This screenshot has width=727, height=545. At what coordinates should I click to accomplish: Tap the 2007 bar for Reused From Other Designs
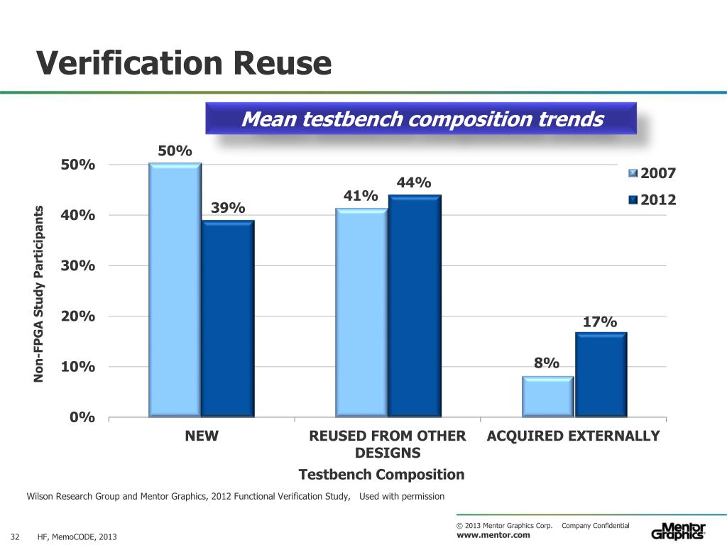pos(361,312)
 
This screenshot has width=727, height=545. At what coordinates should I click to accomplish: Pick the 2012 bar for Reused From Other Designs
pos(415,305)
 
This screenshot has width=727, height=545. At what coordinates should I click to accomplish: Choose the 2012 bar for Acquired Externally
pos(601,374)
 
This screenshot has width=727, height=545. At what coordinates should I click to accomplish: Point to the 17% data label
pos(599,322)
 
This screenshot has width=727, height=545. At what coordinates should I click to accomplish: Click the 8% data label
pos(547,363)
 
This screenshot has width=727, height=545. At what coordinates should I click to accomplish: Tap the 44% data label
pos(414,183)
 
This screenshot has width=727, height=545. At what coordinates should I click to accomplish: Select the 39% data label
pos(228,207)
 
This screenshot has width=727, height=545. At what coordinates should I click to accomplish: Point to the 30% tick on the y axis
pos(78,265)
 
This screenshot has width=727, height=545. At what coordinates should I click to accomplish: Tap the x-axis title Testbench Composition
pos(382,474)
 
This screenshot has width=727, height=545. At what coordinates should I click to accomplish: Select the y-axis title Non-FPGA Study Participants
pos(40,294)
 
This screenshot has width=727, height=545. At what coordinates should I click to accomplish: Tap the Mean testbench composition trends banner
pos(422,119)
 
